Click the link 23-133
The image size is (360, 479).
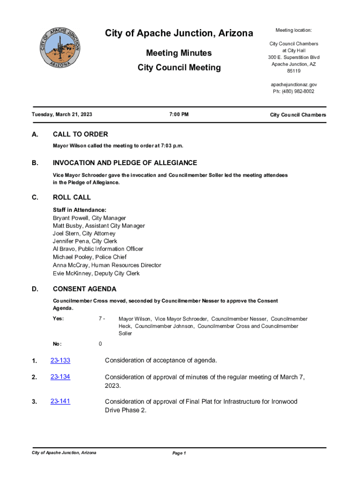click(x=60, y=360)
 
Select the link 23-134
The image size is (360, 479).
click(x=60, y=377)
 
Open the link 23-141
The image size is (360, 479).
click(x=60, y=401)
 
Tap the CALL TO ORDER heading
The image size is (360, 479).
click(x=80, y=134)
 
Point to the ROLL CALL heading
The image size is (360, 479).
click(x=72, y=197)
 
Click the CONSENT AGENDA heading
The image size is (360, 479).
click(x=85, y=289)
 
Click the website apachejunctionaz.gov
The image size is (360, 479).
click(x=294, y=85)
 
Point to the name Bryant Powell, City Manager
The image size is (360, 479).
click(x=89, y=218)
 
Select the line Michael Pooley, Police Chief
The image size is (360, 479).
click(x=90, y=257)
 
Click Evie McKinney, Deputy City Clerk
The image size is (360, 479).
click(x=96, y=273)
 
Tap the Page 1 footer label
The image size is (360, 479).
click(x=179, y=453)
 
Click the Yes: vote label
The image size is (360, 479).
click(x=58, y=319)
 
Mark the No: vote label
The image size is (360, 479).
click(x=58, y=344)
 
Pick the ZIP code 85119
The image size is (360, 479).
click(x=294, y=71)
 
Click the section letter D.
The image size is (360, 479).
click(x=35, y=289)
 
